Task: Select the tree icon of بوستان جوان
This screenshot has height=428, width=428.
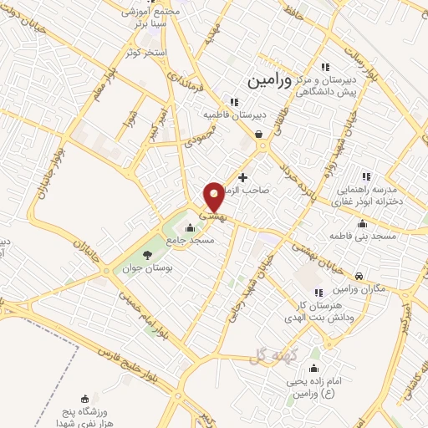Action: click(147, 255)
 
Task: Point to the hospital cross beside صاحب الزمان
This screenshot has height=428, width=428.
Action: click(242, 177)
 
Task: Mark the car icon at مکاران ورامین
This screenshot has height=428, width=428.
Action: click(358, 276)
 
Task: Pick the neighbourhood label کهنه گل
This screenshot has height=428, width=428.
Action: click(267, 358)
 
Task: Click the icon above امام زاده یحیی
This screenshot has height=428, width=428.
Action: click(314, 369)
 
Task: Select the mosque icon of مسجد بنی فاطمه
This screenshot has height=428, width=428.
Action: click(360, 224)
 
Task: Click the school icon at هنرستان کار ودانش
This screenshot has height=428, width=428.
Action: click(318, 291)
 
